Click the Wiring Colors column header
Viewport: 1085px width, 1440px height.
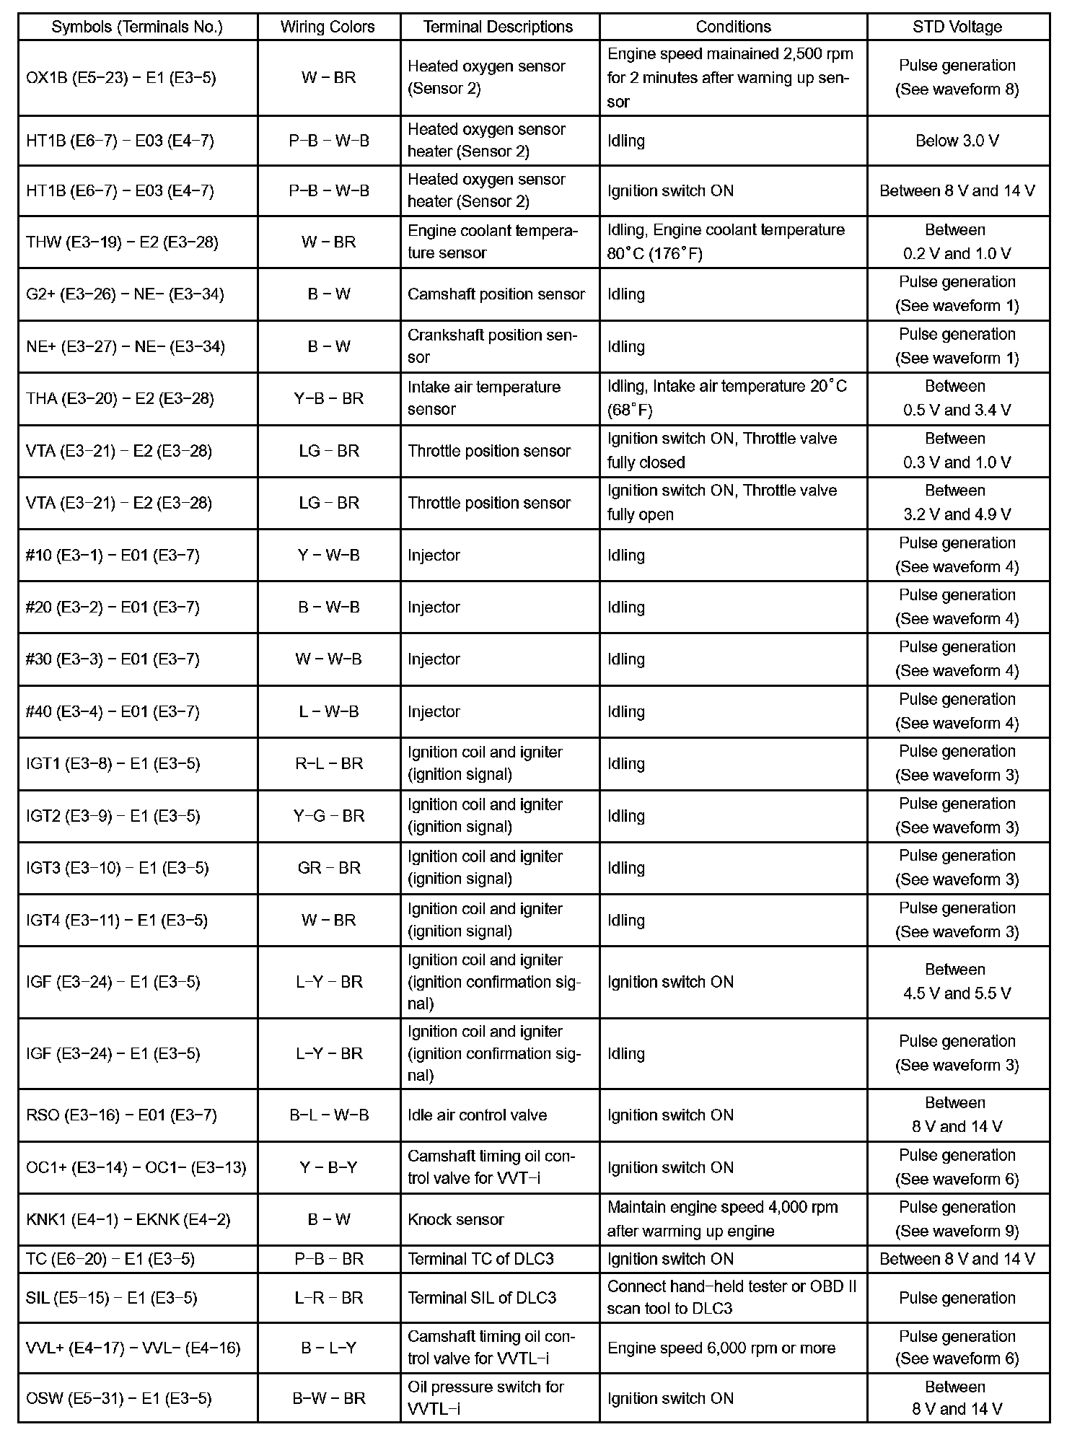coord(328,27)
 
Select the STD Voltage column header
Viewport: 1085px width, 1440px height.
coord(957,27)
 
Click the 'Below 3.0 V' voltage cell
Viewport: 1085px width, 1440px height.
coord(957,141)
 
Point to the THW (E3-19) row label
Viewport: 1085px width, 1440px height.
coord(122,242)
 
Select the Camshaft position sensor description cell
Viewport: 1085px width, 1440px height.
coord(496,294)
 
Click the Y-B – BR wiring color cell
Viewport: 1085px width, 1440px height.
coord(328,398)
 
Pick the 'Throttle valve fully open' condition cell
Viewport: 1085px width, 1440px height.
coord(722,503)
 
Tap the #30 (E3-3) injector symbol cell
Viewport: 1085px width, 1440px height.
coord(113,659)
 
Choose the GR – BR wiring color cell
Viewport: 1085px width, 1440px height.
coord(328,868)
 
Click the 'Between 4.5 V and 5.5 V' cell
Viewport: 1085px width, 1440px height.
coord(957,982)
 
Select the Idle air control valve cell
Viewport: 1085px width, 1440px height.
coord(478,1115)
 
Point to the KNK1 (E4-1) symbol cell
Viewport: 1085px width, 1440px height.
coord(128,1220)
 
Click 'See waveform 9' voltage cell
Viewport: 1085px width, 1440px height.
coord(957,1220)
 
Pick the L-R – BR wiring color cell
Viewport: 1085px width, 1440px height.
coord(328,1298)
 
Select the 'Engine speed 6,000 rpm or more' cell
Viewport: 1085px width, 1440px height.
coord(721,1348)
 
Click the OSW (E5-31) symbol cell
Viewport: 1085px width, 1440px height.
coord(119,1399)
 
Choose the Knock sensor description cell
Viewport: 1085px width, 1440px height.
coord(456,1220)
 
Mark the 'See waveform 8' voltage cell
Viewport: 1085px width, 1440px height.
coord(957,78)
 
